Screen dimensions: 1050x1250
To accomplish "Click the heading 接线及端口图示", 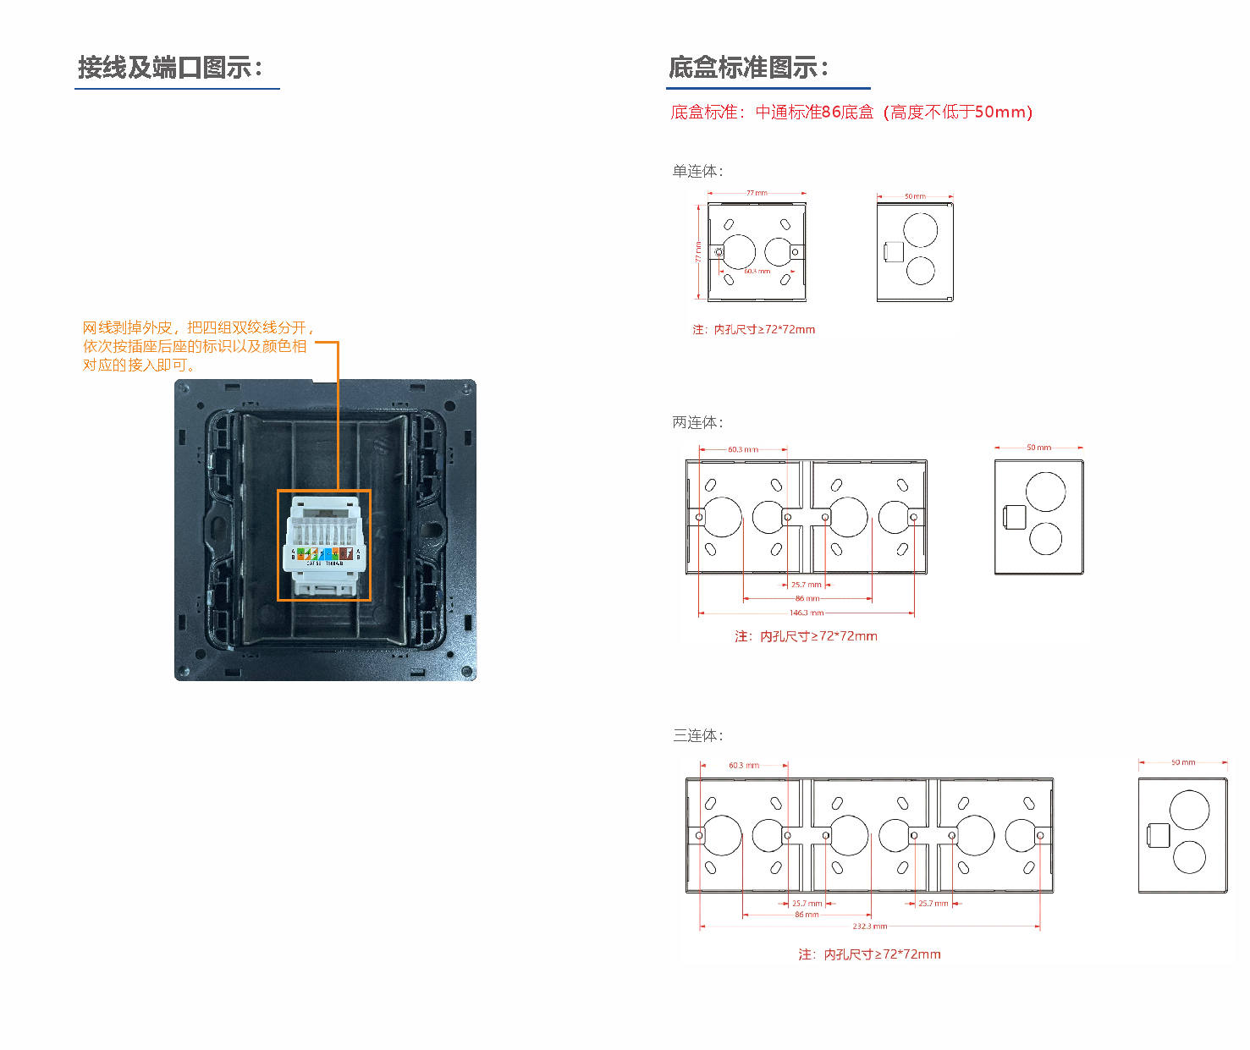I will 170,68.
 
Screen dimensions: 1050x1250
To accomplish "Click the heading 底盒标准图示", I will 748,68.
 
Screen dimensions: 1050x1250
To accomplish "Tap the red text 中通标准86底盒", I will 814,113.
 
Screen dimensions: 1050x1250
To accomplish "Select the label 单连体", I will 697,172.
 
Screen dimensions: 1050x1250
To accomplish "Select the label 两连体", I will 697,422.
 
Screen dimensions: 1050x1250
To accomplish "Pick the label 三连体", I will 697,735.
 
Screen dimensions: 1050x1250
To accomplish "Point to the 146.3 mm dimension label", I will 806,613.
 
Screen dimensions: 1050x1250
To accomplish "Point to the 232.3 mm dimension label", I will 869,926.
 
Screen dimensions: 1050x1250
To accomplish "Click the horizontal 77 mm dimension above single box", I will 757,193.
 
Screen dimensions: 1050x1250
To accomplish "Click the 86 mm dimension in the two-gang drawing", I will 807,598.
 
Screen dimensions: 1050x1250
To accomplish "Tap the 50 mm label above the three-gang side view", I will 1183,762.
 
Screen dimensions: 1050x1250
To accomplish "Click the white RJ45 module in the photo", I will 325,546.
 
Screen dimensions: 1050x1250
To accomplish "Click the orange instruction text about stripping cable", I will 197,346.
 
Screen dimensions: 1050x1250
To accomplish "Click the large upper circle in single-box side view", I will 920,230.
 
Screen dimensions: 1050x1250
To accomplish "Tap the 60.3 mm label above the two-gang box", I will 742,449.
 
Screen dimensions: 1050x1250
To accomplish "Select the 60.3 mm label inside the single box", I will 757,272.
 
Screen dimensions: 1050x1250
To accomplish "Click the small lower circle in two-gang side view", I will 1045,539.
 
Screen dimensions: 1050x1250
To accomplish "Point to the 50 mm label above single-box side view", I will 915,196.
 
